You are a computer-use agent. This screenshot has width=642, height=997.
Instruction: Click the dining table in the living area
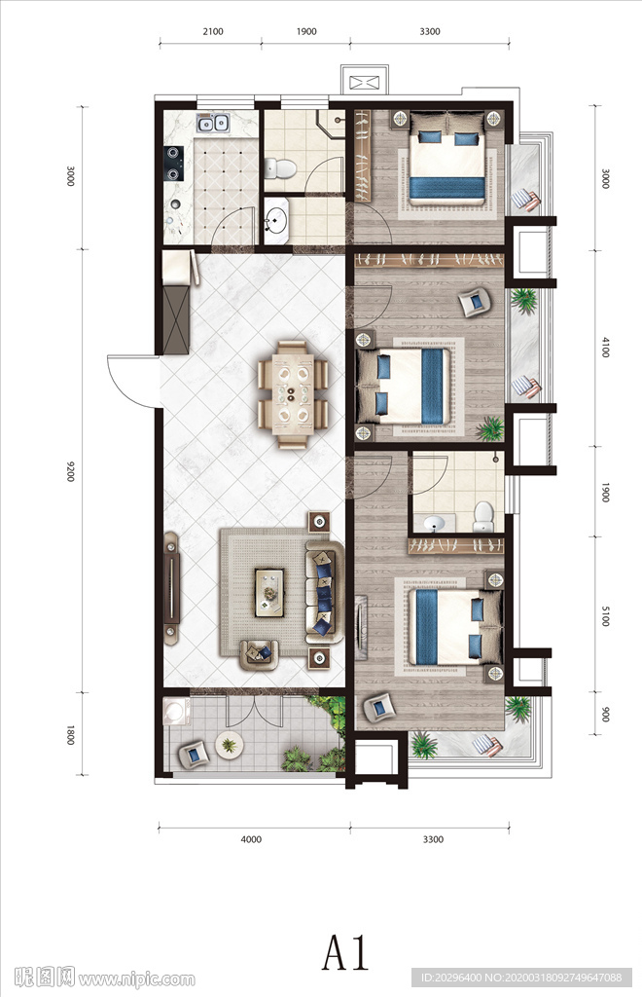[293, 395]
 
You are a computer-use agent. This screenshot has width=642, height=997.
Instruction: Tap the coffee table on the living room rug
[269, 593]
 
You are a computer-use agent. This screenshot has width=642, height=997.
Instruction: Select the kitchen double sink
[212, 122]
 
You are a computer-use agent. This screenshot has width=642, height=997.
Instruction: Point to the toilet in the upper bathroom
[279, 167]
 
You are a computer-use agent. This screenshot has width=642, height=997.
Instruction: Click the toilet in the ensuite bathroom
[483, 516]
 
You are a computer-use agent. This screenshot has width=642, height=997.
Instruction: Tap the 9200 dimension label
[70, 470]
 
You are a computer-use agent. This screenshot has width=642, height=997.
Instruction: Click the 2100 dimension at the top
[213, 31]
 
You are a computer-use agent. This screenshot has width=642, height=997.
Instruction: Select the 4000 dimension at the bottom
[252, 839]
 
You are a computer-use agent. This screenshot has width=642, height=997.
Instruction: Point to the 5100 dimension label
[605, 616]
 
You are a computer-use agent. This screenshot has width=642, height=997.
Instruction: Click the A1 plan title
[346, 953]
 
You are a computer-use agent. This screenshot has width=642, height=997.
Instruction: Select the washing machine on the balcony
[175, 712]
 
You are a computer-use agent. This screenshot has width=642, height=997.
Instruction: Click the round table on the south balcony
[229, 745]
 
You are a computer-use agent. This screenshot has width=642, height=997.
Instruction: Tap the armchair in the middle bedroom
[475, 302]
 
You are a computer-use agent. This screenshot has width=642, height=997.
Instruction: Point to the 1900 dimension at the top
[306, 31]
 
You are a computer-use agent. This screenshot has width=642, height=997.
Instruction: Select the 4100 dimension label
[605, 347]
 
